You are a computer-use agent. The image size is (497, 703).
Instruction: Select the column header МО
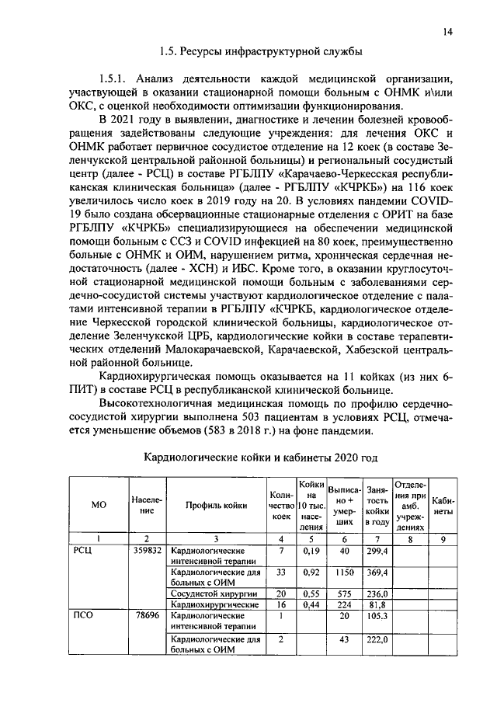98,505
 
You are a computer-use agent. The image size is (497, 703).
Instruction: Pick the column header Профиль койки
217,505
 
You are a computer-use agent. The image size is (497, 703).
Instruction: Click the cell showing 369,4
377,572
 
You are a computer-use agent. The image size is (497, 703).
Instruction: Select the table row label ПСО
82,614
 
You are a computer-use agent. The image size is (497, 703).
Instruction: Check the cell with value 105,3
377,614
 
